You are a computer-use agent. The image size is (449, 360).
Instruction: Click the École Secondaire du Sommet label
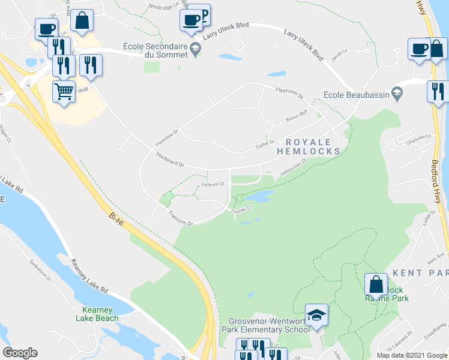[x=155, y=50]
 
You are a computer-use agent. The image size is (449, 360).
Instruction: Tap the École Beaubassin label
[x=357, y=94]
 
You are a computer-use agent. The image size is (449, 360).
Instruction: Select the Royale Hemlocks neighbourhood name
[x=308, y=147]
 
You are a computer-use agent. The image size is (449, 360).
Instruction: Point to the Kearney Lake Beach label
[x=97, y=314]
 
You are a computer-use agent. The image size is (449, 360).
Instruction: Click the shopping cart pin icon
[x=64, y=92]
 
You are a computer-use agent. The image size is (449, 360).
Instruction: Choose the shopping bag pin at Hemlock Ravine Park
[x=376, y=284]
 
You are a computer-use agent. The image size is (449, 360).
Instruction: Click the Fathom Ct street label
[x=213, y=185]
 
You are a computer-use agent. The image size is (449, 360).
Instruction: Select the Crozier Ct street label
[x=242, y=208]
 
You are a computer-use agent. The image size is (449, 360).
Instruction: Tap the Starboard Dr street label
[x=169, y=160]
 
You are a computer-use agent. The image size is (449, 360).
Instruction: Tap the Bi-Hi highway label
[x=118, y=220]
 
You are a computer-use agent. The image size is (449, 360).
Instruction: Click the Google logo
[x=20, y=353]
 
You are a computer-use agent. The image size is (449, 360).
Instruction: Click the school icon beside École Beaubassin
[x=396, y=93]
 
